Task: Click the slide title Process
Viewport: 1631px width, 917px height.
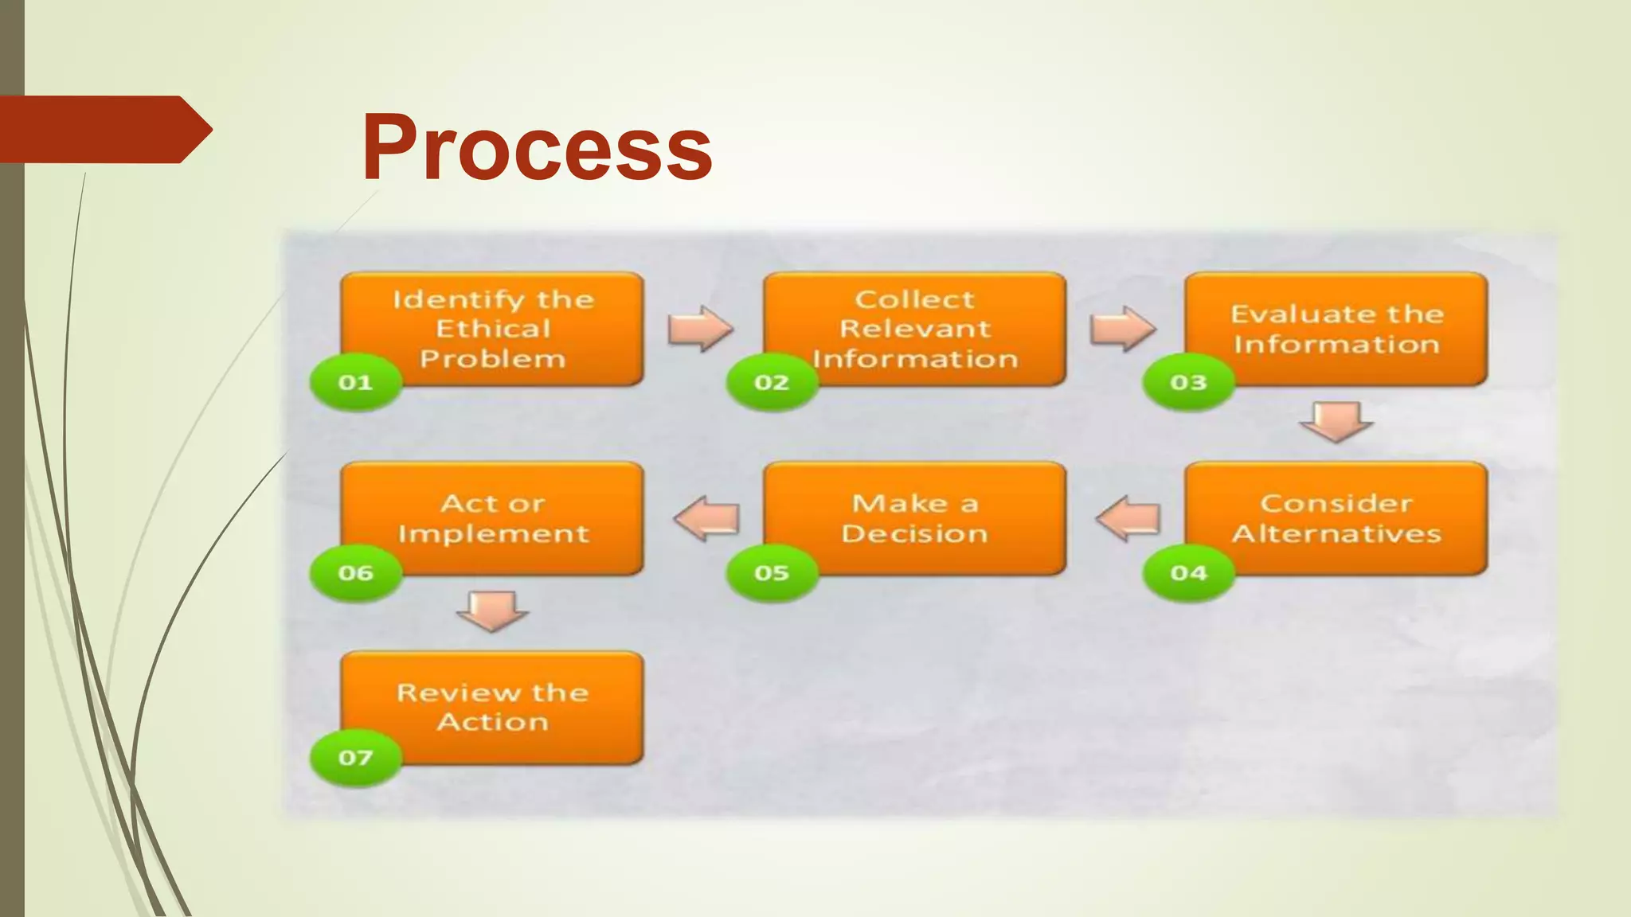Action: pyautogui.click(x=537, y=148)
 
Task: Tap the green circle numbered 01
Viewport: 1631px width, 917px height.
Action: pyautogui.click(x=355, y=382)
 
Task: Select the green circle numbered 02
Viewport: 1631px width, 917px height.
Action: pyautogui.click(x=772, y=382)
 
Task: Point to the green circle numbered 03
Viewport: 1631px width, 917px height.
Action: pyautogui.click(x=1188, y=382)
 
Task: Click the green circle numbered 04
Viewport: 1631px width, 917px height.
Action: pyautogui.click(x=1188, y=572)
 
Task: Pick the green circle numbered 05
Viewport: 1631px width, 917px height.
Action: pyautogui.click(x=772, y=572)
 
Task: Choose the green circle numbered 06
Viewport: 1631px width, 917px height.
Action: pyautogui.click(x=355, y=572)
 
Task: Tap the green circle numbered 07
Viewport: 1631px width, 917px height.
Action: pyautogui.click(x=355, y=757)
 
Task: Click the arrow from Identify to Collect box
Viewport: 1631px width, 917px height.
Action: pyautogui.click(x=700, y=328)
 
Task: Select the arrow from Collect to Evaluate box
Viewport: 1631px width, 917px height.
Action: pyautogui.click(x=1122, y=328)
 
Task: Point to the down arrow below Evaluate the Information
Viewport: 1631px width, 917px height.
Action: pyautogui.click(x=1336, y=421)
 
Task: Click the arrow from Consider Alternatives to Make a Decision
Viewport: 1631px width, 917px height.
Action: pyautogui.click(x=1128, y=519)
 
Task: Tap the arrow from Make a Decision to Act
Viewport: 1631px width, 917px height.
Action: pyautogui.click(x=707, y=519)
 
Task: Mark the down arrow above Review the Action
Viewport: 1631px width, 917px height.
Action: pyautogui.click(x=492, y=610)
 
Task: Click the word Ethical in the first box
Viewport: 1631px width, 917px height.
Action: pyautogui.click(x=493, y=329)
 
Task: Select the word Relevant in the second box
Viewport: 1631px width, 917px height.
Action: pyautogui.click(x=915, y=329)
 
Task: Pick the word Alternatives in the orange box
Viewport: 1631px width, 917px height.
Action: pyautogui.click(x=1336, y=533)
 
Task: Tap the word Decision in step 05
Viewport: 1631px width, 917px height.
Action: pyautogui.click(x=914, y=533)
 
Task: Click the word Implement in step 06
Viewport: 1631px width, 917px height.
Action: pyautogui.click(x=493, y=533)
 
